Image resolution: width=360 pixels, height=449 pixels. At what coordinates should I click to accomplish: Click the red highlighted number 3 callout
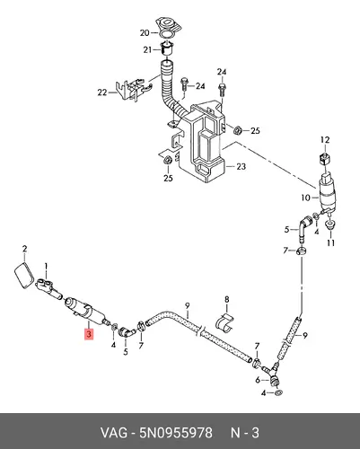[x=89, y=334]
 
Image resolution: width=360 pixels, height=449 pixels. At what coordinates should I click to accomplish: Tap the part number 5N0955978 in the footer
[x=176, y=433]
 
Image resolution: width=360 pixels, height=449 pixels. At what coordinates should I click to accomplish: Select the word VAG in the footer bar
[x=113, y=433]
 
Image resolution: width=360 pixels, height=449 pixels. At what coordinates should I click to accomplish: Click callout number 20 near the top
[x=145, y=32]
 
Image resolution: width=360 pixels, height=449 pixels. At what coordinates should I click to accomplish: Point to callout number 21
[x=147, y=49]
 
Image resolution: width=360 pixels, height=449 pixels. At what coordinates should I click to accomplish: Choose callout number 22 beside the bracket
[x=102, y=92]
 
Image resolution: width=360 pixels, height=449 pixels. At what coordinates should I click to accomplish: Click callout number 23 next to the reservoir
[x=241, y=166]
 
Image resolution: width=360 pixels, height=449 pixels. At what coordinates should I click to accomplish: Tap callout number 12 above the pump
[x=325, y=140]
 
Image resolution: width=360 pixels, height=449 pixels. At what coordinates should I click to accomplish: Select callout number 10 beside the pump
[x=306, y=198]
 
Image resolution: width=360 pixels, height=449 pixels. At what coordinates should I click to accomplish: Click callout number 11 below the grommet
[x=330, y=242]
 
